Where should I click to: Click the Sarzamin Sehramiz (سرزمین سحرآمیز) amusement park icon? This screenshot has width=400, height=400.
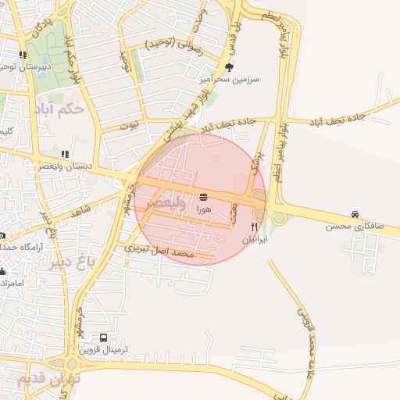[x=229, y=67]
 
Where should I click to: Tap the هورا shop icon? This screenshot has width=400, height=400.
[x=204, y=196]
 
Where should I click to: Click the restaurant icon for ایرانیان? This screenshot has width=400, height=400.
[x=252, y=227]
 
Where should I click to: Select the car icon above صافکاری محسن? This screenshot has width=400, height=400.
[x=355, y=214]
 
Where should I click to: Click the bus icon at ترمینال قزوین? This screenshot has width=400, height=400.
[x=104, y=337]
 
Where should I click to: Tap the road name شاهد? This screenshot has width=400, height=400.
[x=80, y=212]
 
